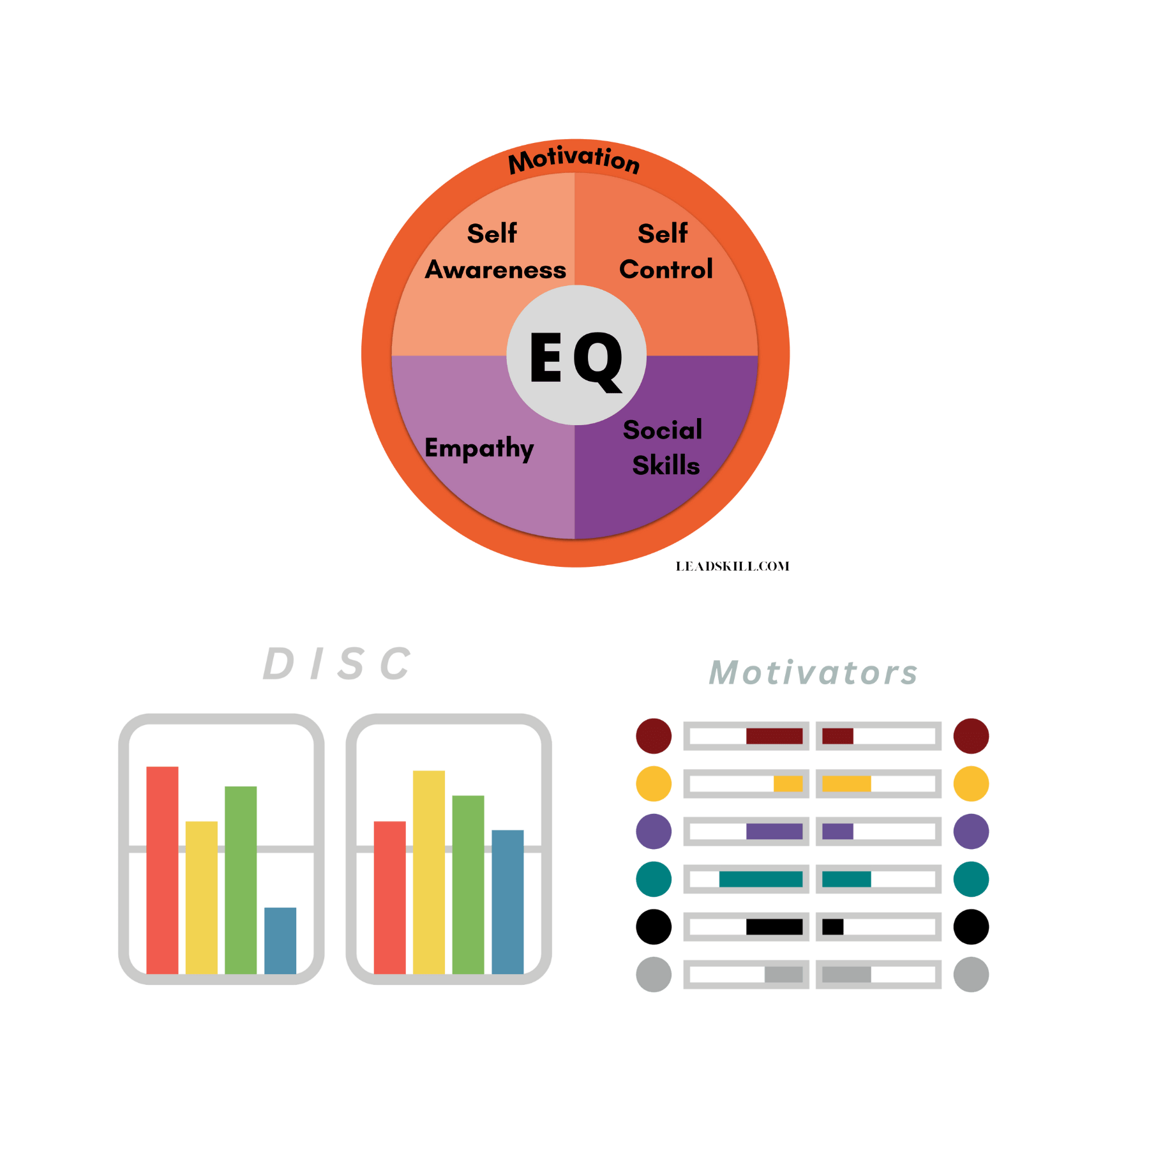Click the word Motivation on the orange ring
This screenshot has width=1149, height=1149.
574,160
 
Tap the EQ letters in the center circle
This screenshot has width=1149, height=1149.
576,359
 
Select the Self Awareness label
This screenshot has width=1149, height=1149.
495,252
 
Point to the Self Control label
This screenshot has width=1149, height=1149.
665,252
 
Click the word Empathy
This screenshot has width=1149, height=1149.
479,448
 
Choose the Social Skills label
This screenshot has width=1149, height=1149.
664,448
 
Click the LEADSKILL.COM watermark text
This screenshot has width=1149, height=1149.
732,566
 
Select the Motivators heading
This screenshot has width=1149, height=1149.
813,673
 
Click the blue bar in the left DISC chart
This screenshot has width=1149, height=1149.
280,940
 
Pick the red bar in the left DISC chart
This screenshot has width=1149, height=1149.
162,869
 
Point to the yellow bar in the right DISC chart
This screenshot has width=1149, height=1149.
428,871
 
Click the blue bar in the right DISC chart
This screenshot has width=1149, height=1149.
507,901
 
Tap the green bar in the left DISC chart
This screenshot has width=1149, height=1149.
241,879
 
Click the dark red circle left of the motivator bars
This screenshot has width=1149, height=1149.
654,736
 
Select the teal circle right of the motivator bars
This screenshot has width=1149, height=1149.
971,879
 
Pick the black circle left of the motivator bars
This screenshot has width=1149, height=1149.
654,927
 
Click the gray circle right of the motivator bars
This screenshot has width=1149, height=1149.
971,975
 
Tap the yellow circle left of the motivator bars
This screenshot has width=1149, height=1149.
654,784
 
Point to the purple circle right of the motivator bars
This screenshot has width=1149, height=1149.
971,831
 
